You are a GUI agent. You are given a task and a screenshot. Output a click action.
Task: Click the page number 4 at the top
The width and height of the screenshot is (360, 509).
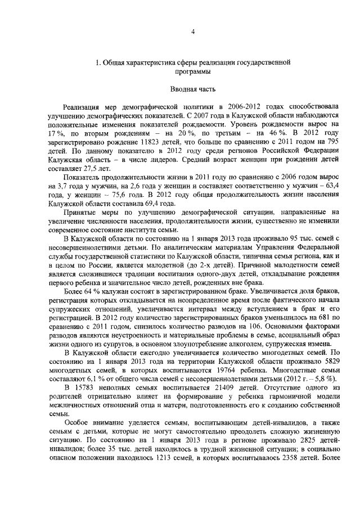click(192, 31)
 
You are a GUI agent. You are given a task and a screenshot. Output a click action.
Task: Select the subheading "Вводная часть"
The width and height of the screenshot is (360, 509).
click(192, 89)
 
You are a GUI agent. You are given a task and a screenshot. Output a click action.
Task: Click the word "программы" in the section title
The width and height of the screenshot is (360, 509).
click(192, 73)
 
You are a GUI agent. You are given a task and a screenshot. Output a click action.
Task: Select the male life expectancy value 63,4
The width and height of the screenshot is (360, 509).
click(330, 186)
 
